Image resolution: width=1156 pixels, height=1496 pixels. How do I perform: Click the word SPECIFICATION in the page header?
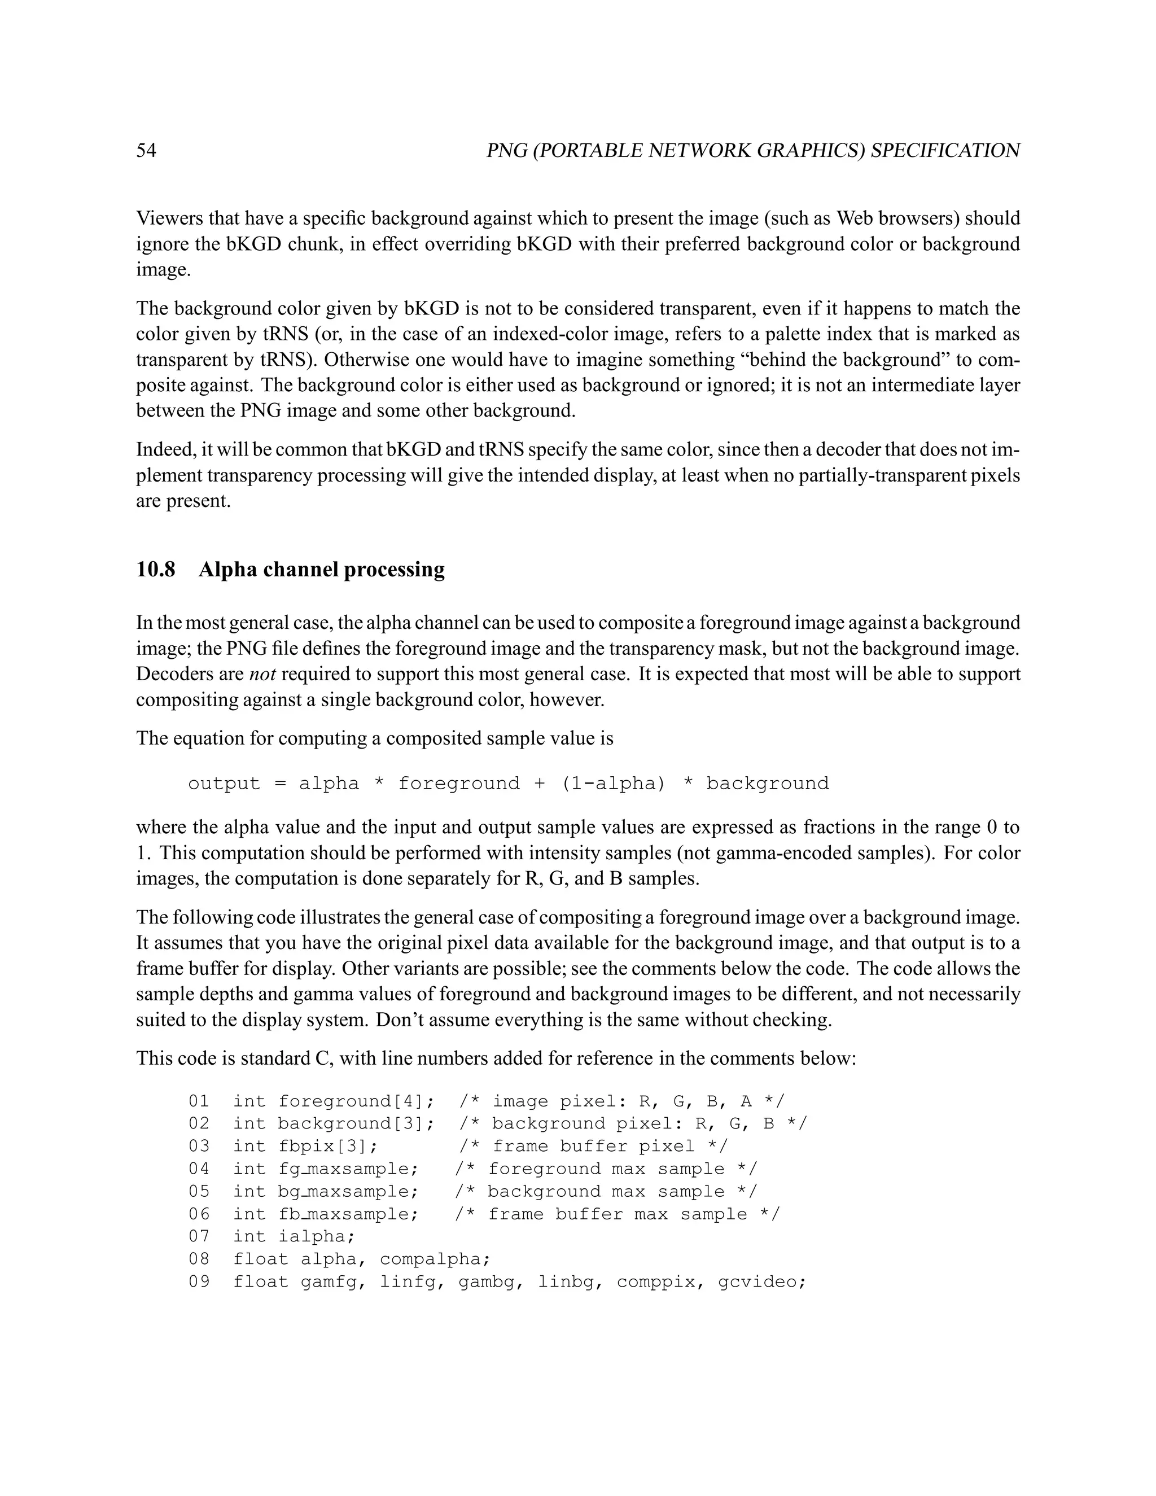[x=945, y=151]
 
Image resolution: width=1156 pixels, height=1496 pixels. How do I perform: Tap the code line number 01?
[x=199, y=1101]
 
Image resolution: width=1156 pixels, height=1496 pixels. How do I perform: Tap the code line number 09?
[x=199, y=1281]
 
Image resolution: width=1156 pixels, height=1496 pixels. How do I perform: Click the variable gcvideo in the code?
[x=761, y=1281]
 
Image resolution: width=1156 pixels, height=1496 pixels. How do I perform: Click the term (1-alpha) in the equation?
[x=613, y=784]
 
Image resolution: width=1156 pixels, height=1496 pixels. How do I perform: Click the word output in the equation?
[x=224, y=784]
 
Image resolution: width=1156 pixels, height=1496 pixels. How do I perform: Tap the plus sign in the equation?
[x=540, y=784]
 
